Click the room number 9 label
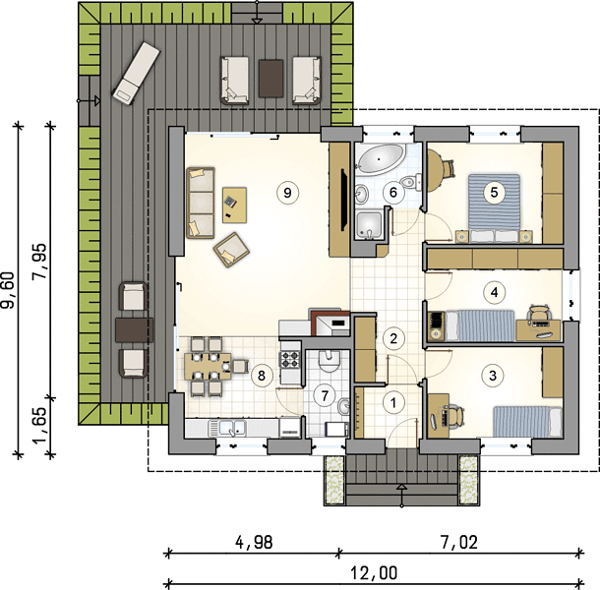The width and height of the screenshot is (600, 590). pyautogui.click(x=287, y=193)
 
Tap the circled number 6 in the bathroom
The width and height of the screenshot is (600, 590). pyautogui.click(x=393, y=193)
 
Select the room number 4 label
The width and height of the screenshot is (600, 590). pyautogui.click(x=494, y=292)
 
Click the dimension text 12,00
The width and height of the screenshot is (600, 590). pyautogui.click(x=374, y=573)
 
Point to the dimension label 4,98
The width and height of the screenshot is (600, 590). pyautogui.click(x=254, y=542)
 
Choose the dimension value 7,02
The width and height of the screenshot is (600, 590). pyautogui.click(x=459, y=542)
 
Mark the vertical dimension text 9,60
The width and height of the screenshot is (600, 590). pyautogui.click(x=8, y=290)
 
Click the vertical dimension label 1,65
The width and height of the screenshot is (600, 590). pyautogui.click(x=39, y=425)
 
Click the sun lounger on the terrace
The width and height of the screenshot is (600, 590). pyautogui.click(x=136, y=73)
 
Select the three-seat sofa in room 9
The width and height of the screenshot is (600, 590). pyautogui.click(x=201, y=203)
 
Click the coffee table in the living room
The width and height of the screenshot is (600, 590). pyautogui.click(x=234, y=205)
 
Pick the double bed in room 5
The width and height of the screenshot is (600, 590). pyautogui.click(x=494, y=208)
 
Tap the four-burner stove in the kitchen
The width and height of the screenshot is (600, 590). pyautogui.click(x=289, y=359)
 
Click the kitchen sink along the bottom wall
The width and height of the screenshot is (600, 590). pyautogui.click(x=227, y=428)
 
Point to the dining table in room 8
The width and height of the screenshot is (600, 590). pyautogui.click(x=208, y=367)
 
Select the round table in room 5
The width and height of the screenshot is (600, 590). pyautogui.click(x=435, y=170)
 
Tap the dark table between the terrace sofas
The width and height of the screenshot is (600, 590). pyautogui.click(x=270, y=78)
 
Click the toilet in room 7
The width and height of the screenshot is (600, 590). pyautogui.click(x=329, y=362)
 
